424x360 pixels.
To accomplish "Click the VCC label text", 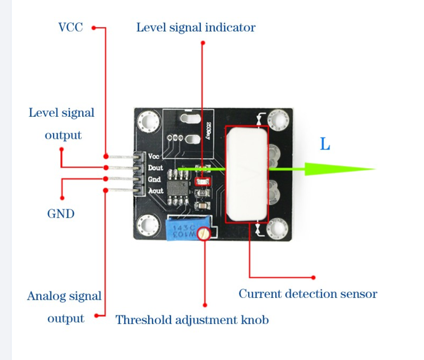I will coord(71,28).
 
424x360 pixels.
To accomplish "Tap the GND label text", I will coord(61,213).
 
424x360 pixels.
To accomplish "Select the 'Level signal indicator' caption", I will coord(196,28).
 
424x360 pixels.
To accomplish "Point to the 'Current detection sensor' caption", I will coord(308,294).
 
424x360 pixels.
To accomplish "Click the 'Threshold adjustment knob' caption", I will coord(192,320).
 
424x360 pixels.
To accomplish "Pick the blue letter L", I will coord(325,145).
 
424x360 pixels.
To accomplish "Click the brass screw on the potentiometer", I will coord(205,233).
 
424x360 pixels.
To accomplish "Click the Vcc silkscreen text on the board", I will coord(154,157).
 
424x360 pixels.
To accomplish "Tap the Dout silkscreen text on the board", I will coord(155,168).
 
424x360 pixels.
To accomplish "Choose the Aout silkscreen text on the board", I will coord(155,191).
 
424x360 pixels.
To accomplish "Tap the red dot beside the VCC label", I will coord(93,28).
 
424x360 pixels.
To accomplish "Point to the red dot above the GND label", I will coord(62,198).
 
